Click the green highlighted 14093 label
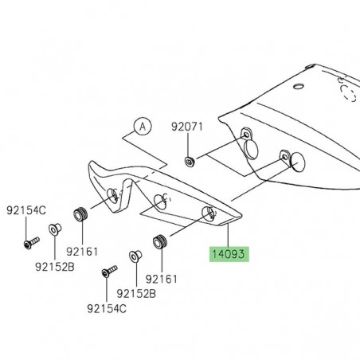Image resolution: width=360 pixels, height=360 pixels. point(229,255)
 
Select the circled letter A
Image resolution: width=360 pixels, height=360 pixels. point(141,125)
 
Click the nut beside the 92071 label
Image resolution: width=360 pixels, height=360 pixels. point(189,162)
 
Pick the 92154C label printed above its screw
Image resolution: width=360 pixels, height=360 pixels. point(26,211)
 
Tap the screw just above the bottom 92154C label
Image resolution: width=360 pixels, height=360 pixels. point(105,274)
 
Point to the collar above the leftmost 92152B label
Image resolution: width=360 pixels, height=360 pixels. point(53,230)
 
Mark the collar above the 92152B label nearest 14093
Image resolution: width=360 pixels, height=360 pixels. point(135,257)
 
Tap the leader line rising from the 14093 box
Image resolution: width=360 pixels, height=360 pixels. point(229,235)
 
